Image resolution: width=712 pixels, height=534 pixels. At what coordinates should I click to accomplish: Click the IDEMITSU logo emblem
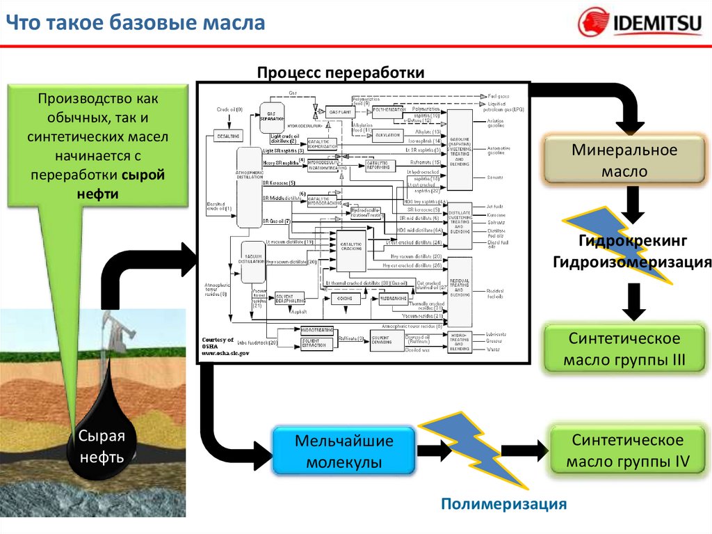593,23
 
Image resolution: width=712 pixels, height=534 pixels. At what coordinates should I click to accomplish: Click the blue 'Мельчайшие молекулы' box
343,451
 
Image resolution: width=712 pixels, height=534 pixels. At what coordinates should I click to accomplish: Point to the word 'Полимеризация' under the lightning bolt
504,503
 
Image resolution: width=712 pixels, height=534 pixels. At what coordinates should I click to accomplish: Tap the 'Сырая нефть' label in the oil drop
101,447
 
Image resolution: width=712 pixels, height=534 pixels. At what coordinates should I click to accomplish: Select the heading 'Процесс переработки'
340,73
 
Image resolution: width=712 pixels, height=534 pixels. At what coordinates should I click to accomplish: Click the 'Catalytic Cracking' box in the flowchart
351,251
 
